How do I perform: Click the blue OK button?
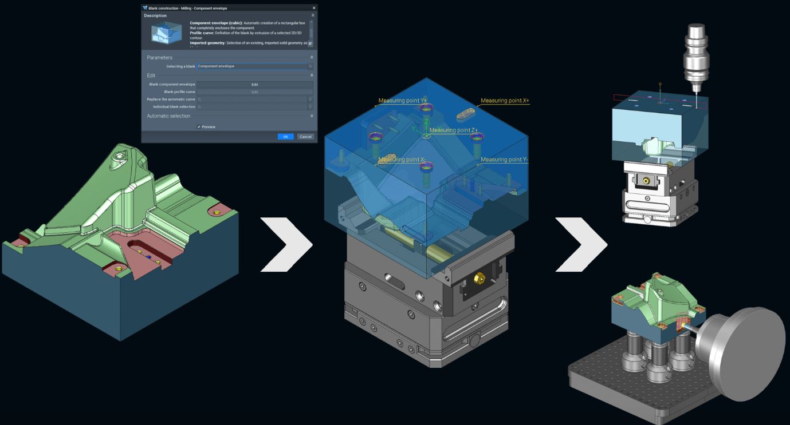coord(285,137)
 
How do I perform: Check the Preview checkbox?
coord(199,127)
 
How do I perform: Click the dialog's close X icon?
coord(313,8)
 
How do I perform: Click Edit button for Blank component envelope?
coord(254,85)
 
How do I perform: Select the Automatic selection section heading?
coord(168,116)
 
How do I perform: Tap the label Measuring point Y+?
coord(402,101)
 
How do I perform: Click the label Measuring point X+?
coord(505,101)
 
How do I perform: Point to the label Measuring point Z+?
coord(453,130)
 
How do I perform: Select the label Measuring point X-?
coord(402,160)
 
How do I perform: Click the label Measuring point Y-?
coord(504,160)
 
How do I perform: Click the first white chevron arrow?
coord(286,244)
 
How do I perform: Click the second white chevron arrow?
coord(581,244)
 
